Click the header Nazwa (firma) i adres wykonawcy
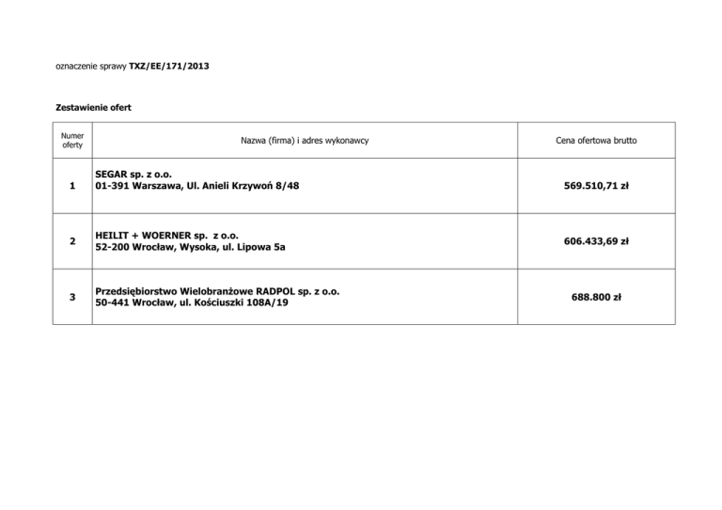point(304,140)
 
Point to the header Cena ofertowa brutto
point(597,140)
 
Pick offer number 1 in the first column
point(72,186)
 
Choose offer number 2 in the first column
point(72,241)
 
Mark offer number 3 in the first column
point(72,298)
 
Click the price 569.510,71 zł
point(597,186)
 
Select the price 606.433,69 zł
point(597,241)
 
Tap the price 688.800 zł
point(597,298)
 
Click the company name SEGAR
point(113,175)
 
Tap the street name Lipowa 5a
point(262,247)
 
